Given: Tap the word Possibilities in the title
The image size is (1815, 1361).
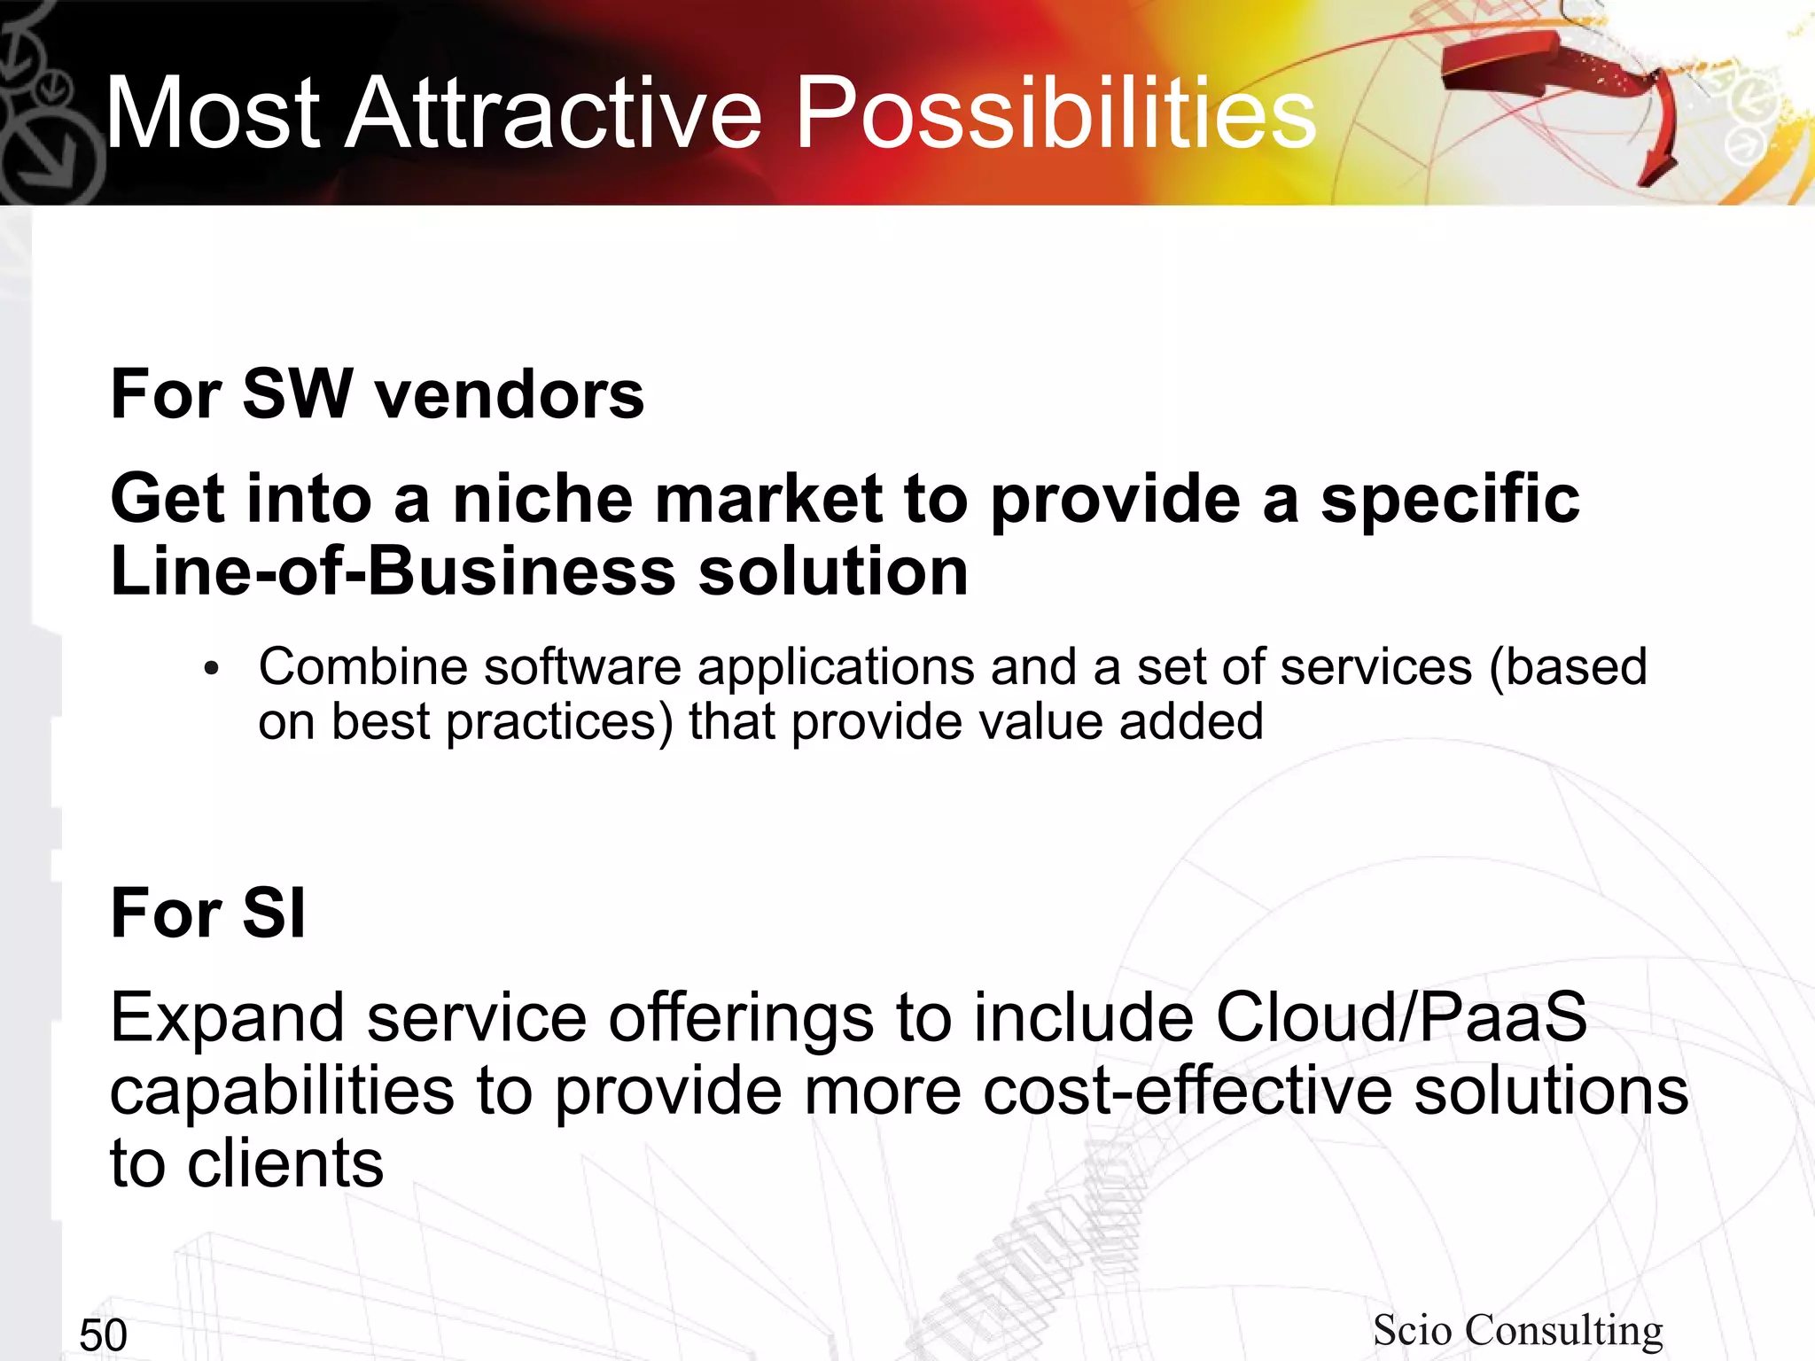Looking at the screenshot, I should (1055, 113).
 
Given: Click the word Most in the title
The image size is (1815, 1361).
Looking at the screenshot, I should (213, 113).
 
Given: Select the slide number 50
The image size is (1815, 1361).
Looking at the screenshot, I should (103, 1335).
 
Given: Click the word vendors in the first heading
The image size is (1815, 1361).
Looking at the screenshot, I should (509, 394).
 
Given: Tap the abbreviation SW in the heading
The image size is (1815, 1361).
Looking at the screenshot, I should (297, 394).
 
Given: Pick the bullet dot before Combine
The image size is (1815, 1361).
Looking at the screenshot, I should (210, 671).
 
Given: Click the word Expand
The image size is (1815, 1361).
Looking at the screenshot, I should (226, 1019).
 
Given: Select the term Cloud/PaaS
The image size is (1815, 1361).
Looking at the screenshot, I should (1400, 1017).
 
